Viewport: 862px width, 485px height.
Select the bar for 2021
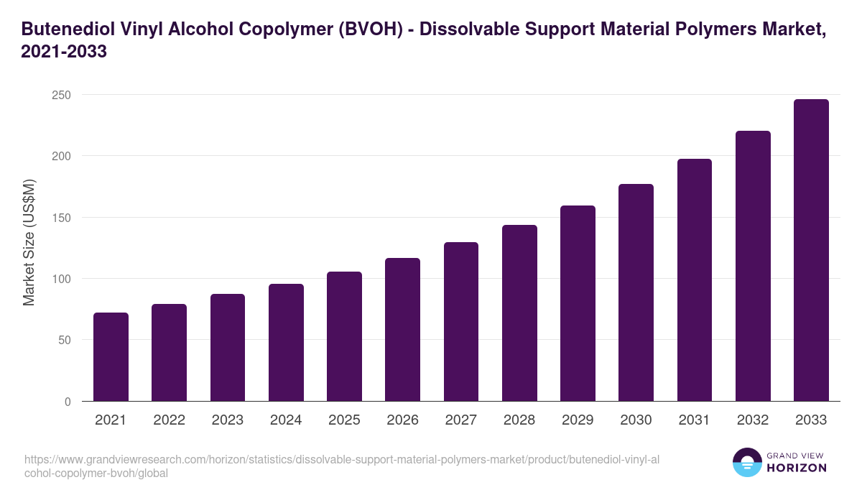click(x=111, y=357)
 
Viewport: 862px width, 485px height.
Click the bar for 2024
click(x=286, y=343)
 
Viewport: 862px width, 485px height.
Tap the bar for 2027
click(x=461, y=322)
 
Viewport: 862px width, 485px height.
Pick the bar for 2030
click(x=636, y=292)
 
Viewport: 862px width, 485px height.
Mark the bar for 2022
click(x=169, y=353)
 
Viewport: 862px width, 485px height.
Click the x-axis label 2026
click(x=402, y=420)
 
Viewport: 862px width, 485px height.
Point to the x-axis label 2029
click(x=578, y=420)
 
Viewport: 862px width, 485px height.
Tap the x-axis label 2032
click(x=753, y=420)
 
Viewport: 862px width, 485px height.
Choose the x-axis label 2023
click(x=227, y=420)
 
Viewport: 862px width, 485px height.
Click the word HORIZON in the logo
click(x=797, y=468)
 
